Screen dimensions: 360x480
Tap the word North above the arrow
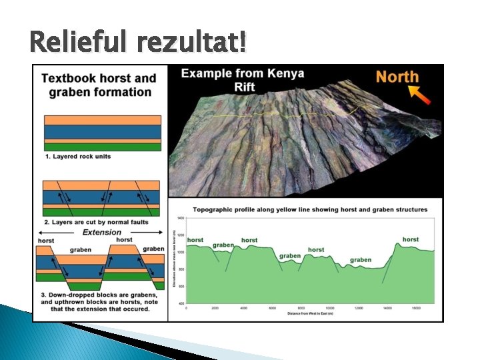pos(397,77)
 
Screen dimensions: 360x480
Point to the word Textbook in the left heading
pos(70,78)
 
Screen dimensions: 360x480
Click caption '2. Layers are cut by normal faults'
pos(99,221)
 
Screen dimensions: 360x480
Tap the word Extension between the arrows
pos(101,232)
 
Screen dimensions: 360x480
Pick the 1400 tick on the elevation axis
pos(180,219)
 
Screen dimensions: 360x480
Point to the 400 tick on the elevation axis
pos(180,303)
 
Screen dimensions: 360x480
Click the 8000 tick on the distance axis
pos(301,308)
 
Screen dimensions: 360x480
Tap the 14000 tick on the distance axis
pos(387,308)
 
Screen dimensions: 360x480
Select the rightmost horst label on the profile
pos(411,239)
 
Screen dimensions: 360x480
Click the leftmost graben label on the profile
pos(223,245)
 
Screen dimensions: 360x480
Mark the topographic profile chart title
pos(310,209)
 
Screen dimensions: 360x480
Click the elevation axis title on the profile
pos(173,261)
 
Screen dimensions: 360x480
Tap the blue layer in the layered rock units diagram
pos(102,131)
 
